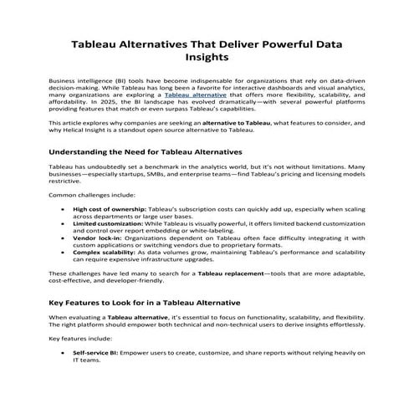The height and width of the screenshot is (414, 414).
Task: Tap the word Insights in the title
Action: [207, 59]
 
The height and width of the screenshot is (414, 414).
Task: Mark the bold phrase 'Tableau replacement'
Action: [204, 274]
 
